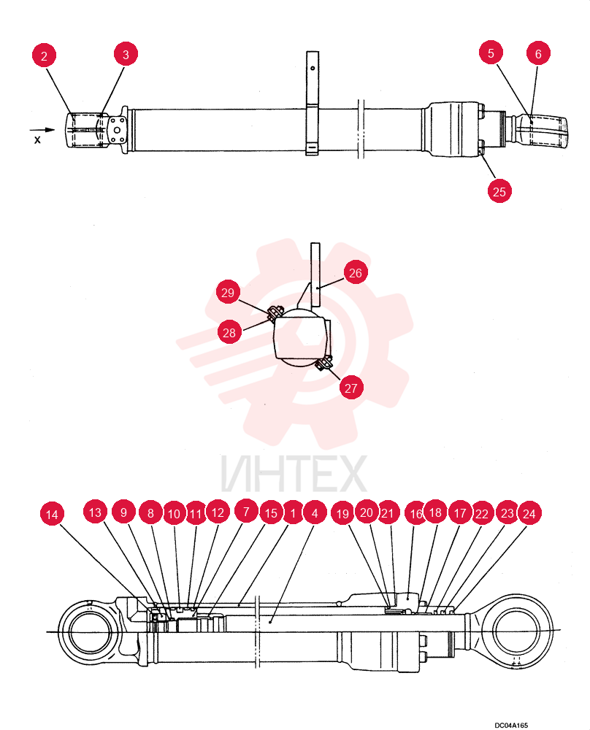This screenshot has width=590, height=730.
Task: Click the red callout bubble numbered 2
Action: pos(45,56)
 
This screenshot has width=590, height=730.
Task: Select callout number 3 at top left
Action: pos(126,55)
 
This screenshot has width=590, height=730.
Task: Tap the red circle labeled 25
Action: pos(499,191)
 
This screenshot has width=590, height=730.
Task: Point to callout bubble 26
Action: pos(356,273)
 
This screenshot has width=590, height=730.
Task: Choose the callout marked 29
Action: pos(228,293)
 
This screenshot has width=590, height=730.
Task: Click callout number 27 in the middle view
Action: pos(351,388)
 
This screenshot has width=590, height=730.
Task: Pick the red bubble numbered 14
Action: pos(52,515)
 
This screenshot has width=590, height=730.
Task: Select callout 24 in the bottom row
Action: pos(529,513)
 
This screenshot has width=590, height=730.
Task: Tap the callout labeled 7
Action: pos(246,512)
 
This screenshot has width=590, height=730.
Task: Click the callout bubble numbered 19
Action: pos(342,513)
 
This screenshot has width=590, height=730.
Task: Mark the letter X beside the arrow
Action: pos(37,139)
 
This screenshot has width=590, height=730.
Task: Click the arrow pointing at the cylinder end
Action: pos(42,130)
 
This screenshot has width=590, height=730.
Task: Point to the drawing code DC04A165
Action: pos(511,725)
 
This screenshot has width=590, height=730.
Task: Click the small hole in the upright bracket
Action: pos(313,68)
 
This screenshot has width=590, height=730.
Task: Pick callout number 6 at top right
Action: pos(538,53)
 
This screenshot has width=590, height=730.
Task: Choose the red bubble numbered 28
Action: pos(229,332)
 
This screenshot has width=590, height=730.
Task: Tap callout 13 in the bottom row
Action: pos(95,512)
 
